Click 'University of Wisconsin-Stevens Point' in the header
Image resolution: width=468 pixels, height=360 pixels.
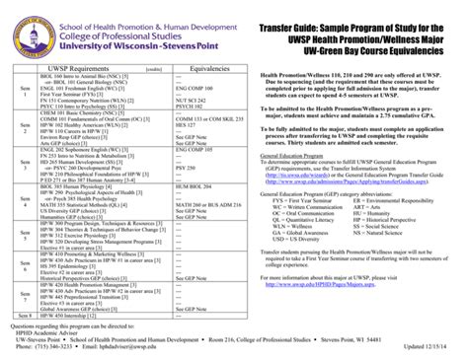click(115, 43)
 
